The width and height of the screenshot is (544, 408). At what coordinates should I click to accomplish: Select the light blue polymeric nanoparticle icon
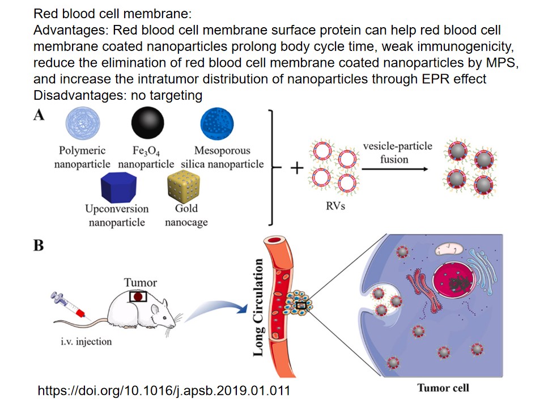click(83, 125)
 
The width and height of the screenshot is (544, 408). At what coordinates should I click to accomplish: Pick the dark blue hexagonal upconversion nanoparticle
click(116, 186)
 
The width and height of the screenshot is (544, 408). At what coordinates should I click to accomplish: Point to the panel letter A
click(39, 115)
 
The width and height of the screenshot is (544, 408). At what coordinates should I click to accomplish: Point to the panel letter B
click(39, 246)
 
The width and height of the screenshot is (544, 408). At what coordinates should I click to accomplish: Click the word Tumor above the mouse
click(141, 282)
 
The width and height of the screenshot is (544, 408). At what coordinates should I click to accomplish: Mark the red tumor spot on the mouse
click(138, 296)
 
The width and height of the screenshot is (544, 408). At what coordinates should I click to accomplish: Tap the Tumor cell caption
click(443, 388)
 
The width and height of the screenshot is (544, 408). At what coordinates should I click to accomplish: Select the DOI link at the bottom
click(164, 390)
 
